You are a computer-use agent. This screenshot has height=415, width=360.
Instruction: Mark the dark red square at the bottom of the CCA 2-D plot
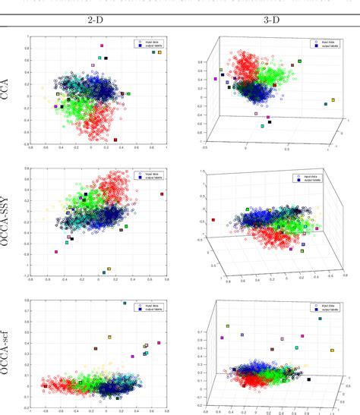coord(115,140)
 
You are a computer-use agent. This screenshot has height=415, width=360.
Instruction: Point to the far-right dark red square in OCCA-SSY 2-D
coord(163,194)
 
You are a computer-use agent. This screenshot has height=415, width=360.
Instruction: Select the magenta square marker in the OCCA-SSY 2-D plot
coord(56,252)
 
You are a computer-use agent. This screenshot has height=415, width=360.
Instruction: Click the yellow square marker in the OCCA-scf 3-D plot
coord(332,351)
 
